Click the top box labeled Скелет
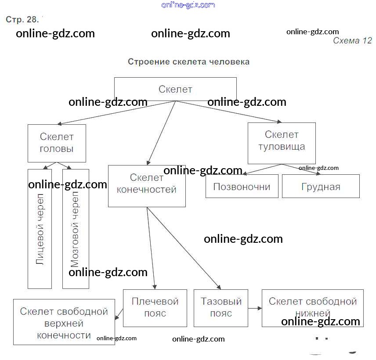click(x=175, y=89)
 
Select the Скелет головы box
click(x=57, y=143)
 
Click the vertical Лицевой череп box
click(x=40, y=229)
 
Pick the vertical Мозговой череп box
click(x=76, y=229)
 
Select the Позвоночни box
click(x=242, y=186)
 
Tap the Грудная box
click(x=321, y=186)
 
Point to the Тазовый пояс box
click(x=221, y=308)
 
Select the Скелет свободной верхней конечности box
click(x=64, y=323)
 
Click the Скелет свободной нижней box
click(x=312, y=308)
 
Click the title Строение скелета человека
click(x=188, y=62)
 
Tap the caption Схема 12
click(x=352, y=41)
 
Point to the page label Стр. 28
click(x=23, y=20)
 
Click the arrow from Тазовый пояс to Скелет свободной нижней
click(x=255, y=308)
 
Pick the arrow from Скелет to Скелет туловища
click(x=228, y=112)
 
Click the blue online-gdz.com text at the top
click(x=188, y=5)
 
